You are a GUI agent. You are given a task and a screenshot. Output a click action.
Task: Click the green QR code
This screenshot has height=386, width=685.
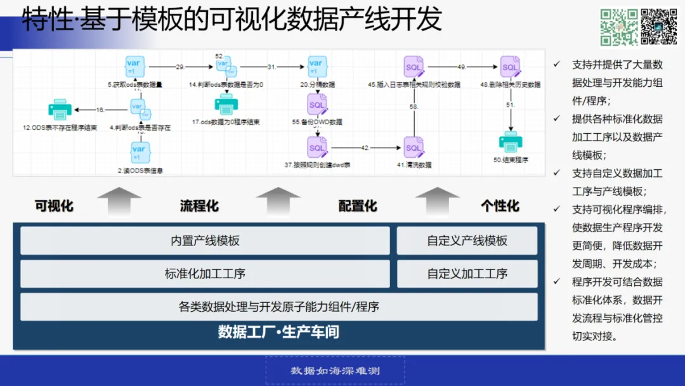click(619, 27)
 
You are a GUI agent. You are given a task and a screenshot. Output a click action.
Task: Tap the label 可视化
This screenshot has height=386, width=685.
click(54, 205)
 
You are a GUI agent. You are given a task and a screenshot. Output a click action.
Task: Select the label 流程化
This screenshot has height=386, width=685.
click(199, 205)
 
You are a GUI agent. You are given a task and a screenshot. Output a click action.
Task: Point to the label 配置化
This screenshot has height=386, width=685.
click(358, 205)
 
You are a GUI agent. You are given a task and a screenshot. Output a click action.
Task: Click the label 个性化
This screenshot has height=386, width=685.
click(500, 205)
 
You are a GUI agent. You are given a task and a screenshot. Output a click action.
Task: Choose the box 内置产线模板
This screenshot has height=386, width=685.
click(205, 241)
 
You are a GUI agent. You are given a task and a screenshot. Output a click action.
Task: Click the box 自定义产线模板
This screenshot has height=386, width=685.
click(467, 241)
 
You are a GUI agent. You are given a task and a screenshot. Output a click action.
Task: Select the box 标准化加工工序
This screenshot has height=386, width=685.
click(205, 274)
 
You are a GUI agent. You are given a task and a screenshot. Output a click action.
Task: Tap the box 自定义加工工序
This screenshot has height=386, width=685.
click(467, 274)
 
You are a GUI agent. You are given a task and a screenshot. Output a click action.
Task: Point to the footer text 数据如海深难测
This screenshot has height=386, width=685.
click(335, 371)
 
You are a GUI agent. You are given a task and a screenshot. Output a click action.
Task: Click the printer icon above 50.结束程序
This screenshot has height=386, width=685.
click(511, 142)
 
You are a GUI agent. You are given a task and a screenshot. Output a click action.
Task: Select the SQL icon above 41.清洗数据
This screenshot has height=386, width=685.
click(414, 148)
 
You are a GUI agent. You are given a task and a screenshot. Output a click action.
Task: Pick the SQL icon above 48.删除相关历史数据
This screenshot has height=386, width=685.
click(510, 66)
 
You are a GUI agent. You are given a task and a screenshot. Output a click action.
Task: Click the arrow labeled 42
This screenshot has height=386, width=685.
click(365, 148)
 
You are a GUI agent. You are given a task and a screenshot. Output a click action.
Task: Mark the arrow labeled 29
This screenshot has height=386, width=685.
click(179, 67)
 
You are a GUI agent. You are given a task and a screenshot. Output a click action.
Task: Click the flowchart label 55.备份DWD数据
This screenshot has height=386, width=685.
click(317, 121)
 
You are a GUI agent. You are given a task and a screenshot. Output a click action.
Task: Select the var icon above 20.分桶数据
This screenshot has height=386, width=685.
click(316, 66)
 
